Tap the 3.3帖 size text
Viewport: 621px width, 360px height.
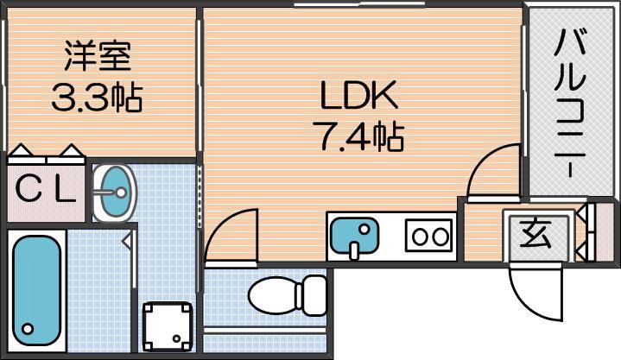(x=97, y=97)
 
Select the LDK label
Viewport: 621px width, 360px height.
(x=358, y=96)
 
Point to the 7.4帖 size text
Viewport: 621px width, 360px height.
(x=358, y=136)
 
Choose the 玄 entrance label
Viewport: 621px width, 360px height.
(x=535, y=235)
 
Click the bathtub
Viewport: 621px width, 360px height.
(x=37, y=290)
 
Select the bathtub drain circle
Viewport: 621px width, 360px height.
(x=28, y=328)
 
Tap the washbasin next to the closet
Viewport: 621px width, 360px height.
(x=115, y=193)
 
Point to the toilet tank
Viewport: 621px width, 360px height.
(x=311, y=295)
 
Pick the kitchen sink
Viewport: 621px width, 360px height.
(x=354, y=235)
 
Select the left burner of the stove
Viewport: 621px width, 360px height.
(x=419, y=237)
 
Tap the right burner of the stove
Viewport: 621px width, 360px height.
(x=440, y=237)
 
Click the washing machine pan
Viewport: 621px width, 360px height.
(x=168, y=326)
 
